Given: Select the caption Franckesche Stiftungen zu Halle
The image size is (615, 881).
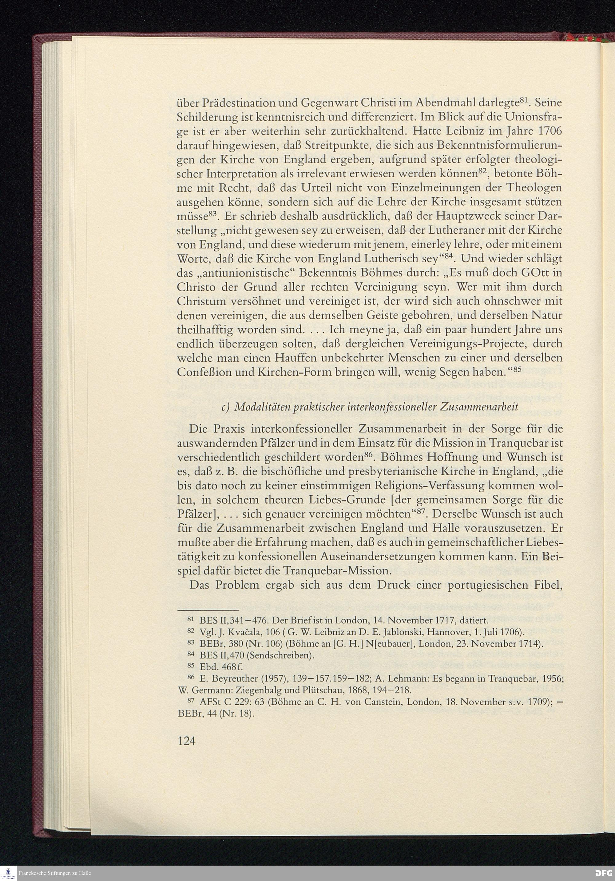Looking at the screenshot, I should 55,873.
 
